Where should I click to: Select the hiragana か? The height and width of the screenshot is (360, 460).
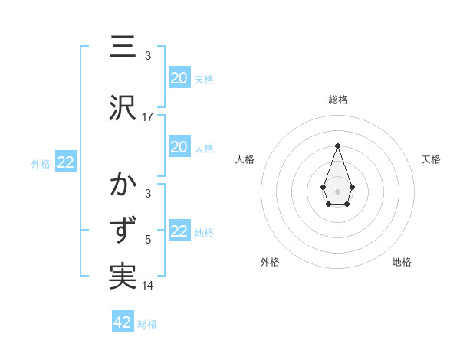123,186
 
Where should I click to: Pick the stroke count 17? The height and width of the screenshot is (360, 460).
148,116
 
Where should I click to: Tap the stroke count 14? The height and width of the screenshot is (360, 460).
148,286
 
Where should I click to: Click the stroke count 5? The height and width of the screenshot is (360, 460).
148,240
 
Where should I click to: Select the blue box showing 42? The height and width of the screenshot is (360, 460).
123,322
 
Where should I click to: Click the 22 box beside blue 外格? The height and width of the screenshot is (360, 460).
65,162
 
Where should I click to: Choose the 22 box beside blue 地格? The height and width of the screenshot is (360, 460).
179,231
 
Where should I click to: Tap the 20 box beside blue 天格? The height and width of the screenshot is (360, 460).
179,78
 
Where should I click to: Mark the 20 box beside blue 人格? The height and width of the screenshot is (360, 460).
179,147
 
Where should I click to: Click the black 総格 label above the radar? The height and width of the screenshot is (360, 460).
337,100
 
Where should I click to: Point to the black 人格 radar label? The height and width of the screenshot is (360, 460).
245,159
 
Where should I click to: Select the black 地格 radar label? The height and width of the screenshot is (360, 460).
402,262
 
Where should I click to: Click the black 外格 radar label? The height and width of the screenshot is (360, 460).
270,262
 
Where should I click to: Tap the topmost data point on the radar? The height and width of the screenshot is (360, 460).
337,146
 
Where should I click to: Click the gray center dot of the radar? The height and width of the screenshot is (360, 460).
337,190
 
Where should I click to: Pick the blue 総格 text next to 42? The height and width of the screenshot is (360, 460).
147,324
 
